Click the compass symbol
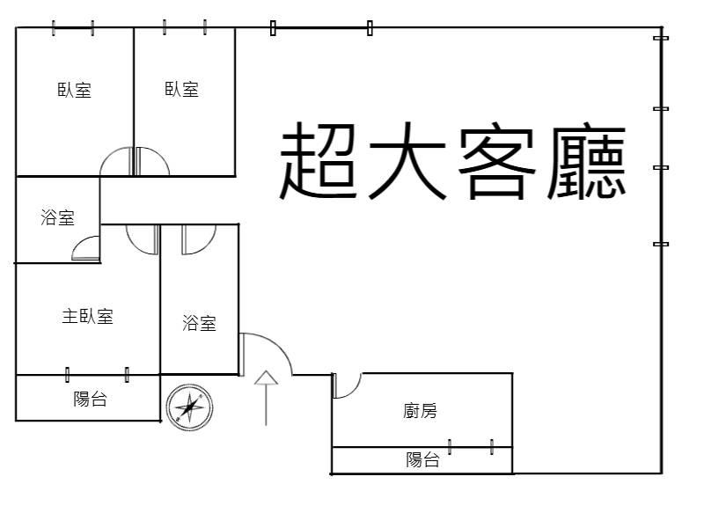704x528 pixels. [x=189, y=407]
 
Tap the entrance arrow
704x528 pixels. [x=267, y=398]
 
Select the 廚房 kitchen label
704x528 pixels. [x=420, y=411]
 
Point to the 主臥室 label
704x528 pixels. [x=87, y=317]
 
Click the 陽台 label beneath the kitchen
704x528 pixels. [x=422, y=459]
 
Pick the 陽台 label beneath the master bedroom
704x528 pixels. [x=91, y=399]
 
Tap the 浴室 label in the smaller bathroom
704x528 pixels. [x=57, y=217]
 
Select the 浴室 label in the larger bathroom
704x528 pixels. [x=200, y=323]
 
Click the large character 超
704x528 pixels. [x=319, y=161]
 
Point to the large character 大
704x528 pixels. [x=407, y=161]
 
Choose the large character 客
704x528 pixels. [x=496, y=162]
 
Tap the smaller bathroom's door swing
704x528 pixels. [x=82, y=243]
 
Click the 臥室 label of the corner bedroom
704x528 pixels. [x=75, y=90]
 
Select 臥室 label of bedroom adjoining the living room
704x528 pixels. [x=182, y=89]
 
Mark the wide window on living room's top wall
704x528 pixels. [x=321, y=28]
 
